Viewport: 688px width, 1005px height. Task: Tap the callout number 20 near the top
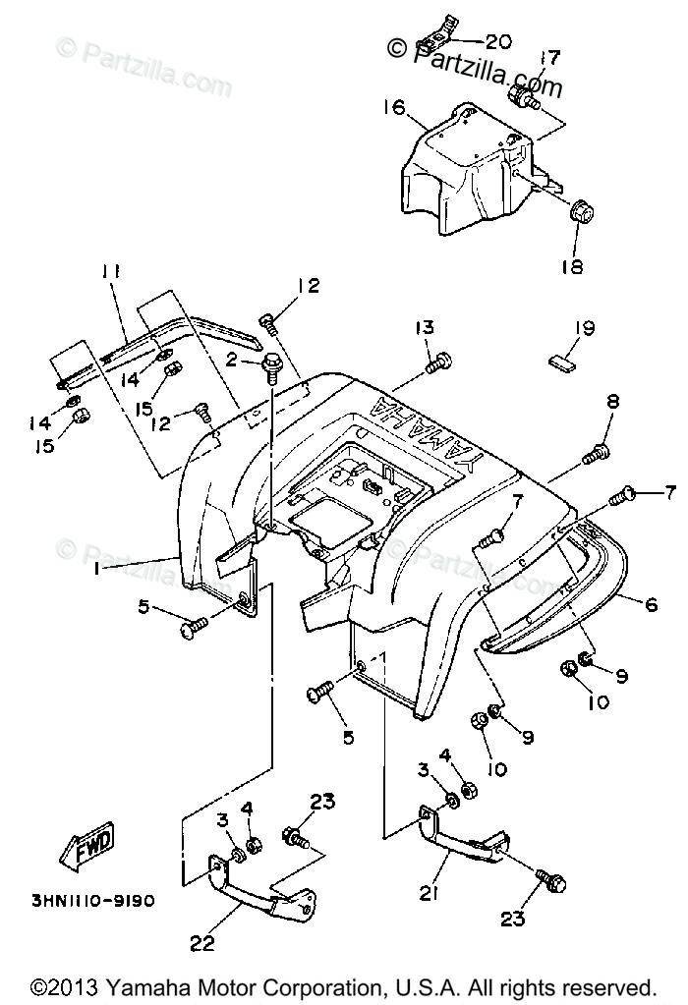pos(498,41)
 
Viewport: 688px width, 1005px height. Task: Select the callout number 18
pos(573,266)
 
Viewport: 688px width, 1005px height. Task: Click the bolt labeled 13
pos(438,363)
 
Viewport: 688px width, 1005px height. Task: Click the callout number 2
pos(233,361)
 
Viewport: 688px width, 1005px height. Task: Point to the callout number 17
pos(548,58)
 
